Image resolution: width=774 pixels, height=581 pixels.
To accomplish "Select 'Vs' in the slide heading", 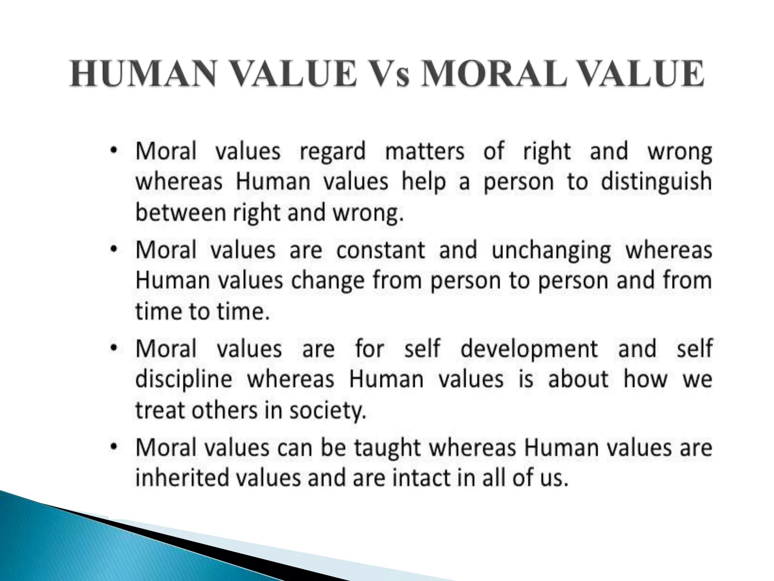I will [x=388, y=74].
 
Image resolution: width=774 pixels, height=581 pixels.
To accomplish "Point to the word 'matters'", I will [x=424, y=151].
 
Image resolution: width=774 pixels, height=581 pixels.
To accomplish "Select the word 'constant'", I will [x=381, y=250].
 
